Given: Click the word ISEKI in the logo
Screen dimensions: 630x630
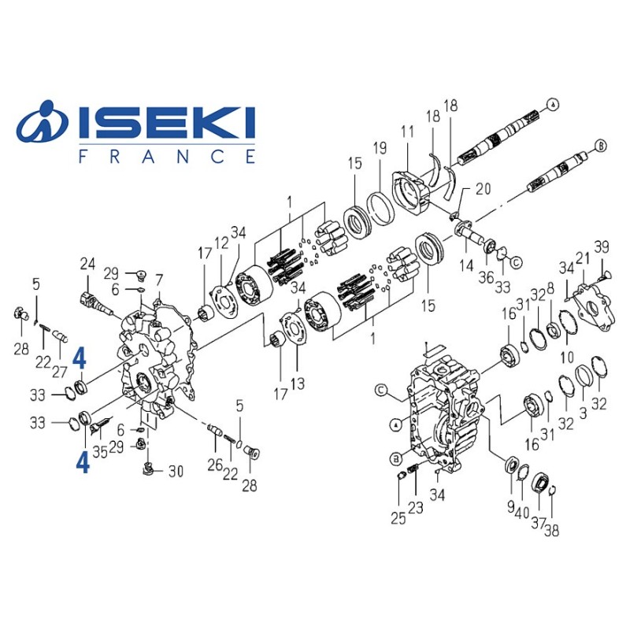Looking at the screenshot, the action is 167,122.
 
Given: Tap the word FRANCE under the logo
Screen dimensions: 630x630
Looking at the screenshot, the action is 167,156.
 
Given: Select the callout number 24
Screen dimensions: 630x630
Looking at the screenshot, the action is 87,265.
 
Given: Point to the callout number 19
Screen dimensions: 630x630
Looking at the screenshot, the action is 380,148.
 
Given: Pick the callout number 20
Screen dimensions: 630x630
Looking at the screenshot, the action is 484,189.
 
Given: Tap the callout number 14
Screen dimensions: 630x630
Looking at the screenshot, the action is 466,265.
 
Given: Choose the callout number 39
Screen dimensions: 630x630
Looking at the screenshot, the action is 602,246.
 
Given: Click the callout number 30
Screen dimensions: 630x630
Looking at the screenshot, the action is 176,471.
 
